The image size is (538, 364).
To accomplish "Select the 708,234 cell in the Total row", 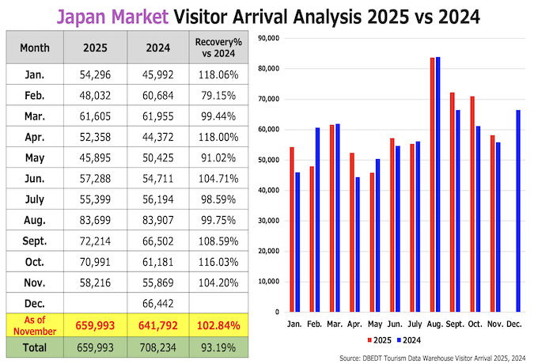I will pyautogui.click(x=158, y=347).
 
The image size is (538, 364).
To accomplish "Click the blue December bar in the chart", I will pyautogui.click(x=518, y=210).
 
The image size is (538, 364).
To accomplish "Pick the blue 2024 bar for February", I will pyautogui.click(x=318, y=219).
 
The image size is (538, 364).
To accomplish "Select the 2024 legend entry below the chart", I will pyautogui.click(x=406, y=340).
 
